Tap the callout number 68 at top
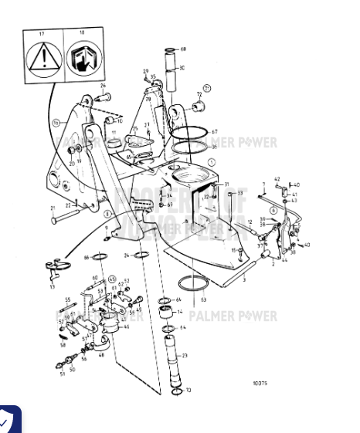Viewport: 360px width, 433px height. point(183,49)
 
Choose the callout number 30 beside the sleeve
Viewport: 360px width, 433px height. point(182,68)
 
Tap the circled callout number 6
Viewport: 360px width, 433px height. point(273,210)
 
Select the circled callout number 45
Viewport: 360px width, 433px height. point(111,279)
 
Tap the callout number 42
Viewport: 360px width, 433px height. point(277,178)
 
